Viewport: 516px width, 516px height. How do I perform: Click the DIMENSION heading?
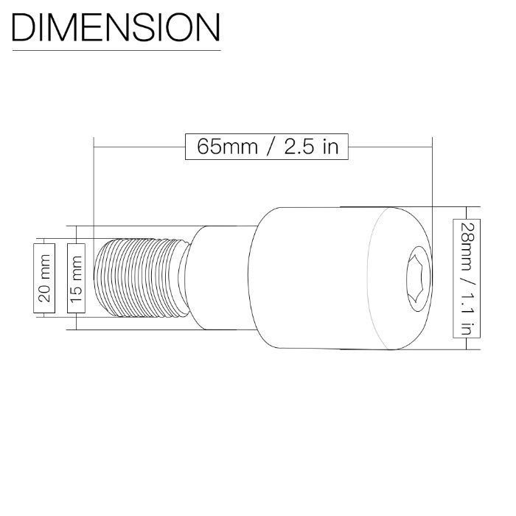(x=116, y=28)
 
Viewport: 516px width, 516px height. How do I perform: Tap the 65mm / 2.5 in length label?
(x=267, y=147)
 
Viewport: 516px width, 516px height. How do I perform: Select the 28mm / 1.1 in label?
(x=467, y=279)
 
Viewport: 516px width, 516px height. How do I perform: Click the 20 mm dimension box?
(x=44, y=279)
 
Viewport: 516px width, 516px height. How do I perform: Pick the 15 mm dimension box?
(x=77, y=279)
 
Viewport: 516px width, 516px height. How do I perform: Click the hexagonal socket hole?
(x=418, y=279)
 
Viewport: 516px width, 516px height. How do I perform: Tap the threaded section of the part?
(x=142, y=278)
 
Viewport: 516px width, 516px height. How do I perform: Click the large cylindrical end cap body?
(x=340, y=278)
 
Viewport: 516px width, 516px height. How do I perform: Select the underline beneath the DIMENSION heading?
(x=116, y=51)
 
